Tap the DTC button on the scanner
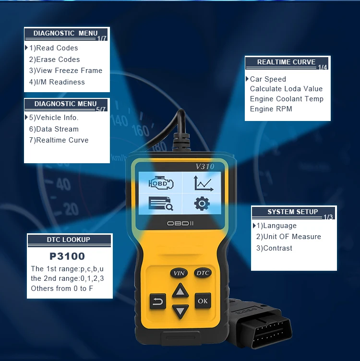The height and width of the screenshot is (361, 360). pyautogui.click(x=203, y=273)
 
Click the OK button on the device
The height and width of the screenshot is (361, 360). pyautogui.click(x=203, y=301)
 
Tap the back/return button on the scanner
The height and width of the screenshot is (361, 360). pyautogui.click(x=157, y=301)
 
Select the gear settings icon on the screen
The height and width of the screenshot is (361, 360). pyautogui.click(x=202, y=204)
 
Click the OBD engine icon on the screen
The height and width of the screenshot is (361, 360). pyautogui.click(x=161, y=183)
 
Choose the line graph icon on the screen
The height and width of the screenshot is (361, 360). pyautogui.click(x=204, y=183)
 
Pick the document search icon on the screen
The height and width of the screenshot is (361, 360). pyautogui.click(x=161, y=204)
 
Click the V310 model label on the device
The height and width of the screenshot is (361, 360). pyautogui.click(x=205, y=166)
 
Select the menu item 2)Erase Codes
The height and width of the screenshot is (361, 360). pyautogui.click(x=54, y=60)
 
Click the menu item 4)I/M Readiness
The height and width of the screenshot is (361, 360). pyautogui.click(x=57, y=82)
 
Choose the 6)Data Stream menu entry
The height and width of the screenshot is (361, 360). pyautogui.click(x=54, y=129)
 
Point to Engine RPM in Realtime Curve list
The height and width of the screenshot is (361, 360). pyautogui.click(x=271, y=108)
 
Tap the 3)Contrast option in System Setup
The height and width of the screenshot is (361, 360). pyautogui.click(x=274, y=248)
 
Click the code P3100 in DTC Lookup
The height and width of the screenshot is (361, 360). pyautogui.click(x=67, y=256)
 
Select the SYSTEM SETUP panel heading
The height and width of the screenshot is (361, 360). pyautogui.click(x=292, y=212)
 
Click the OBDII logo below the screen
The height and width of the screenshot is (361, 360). pyautogui.click(x=180, y=223)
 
